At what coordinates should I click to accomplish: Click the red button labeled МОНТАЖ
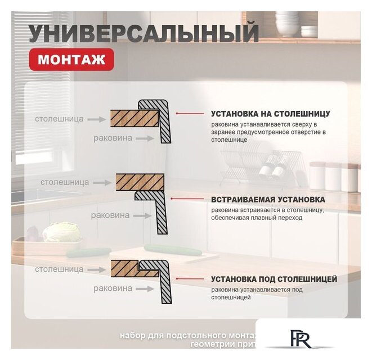72,59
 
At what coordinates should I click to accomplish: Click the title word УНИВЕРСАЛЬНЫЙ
144,33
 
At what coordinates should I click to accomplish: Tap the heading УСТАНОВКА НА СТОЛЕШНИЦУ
270,114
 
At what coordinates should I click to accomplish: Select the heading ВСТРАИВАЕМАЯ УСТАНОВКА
268,200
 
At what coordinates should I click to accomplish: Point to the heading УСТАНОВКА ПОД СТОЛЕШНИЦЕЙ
274,279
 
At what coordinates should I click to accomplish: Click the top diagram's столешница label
59,119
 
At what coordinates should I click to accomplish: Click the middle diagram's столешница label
65,182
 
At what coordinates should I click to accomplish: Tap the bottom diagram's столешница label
59,269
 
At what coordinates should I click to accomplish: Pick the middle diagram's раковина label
110,215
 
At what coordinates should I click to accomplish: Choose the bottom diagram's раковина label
113,289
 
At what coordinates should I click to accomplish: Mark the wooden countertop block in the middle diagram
140,182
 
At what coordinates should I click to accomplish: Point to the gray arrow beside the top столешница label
97,119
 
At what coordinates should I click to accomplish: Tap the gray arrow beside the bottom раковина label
145,289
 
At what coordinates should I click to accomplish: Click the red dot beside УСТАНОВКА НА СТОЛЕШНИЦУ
177,114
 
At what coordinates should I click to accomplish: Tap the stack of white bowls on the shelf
287,22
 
